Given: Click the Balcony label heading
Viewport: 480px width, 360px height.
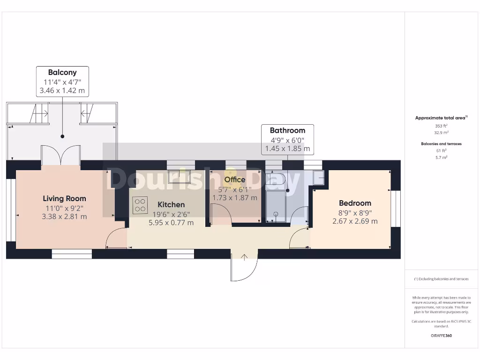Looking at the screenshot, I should click(x=62, y=73).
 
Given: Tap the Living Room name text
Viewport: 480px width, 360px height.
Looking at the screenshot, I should click(x=65, y=199).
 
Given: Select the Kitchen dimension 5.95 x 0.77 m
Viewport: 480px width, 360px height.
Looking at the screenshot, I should click(x=171, y=223).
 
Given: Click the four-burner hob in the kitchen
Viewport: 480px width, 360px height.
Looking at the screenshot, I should click(x=140, y=205).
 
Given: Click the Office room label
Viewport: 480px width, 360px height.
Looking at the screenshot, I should click(x=234, y=180).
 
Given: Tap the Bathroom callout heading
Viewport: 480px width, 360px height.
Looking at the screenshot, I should click(x=287, y=131).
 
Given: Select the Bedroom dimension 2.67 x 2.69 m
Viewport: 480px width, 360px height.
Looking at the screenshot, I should click(x=355, y=221).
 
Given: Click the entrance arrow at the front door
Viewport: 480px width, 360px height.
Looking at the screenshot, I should click(x=245, y=257).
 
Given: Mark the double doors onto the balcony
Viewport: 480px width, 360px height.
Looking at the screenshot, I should click(x=61, y=155).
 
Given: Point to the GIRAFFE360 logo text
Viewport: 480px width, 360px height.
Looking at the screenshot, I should click(x=441, y=336).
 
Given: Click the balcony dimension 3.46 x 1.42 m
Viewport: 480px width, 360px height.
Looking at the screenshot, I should click(x=62, y=90).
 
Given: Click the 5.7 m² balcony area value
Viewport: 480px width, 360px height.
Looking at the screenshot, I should click(x=441, y=157).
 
